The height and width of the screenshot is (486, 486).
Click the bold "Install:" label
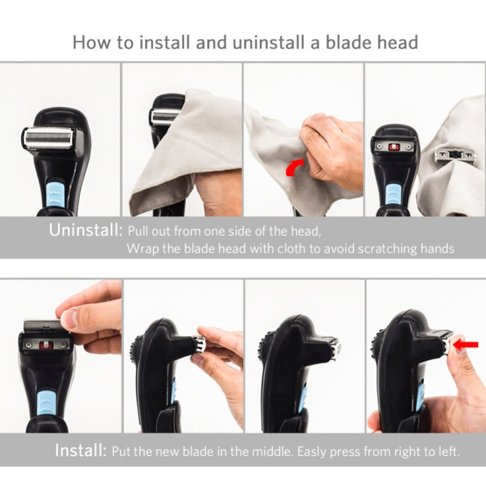tap(80, 451)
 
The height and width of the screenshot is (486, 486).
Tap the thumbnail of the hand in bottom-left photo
tap(70, 317)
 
